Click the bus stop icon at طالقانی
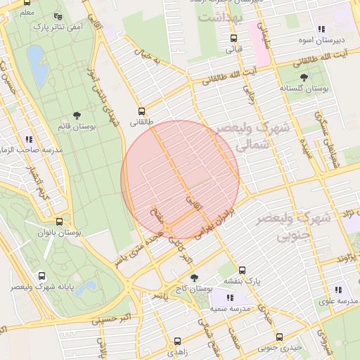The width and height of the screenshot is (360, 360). (x=142, y=111)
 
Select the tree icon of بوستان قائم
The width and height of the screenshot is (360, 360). (x=76, y=115)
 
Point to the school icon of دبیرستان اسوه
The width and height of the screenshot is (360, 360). (x=321, y=30)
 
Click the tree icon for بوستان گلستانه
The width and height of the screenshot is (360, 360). (x=304, y=77)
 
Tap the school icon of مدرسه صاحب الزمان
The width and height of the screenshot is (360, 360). (x=29, y=139)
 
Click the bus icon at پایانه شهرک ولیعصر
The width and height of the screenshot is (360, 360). (x=42, y=276)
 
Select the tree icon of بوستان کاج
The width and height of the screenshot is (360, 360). (x=193, y=277)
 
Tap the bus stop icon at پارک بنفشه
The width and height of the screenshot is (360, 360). (x=242, y=270)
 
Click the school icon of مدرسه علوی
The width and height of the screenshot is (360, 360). (x=338, y=290)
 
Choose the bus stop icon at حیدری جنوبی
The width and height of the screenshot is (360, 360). (x=279, y=337)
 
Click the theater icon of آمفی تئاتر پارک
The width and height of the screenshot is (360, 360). (x=58, y=15)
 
